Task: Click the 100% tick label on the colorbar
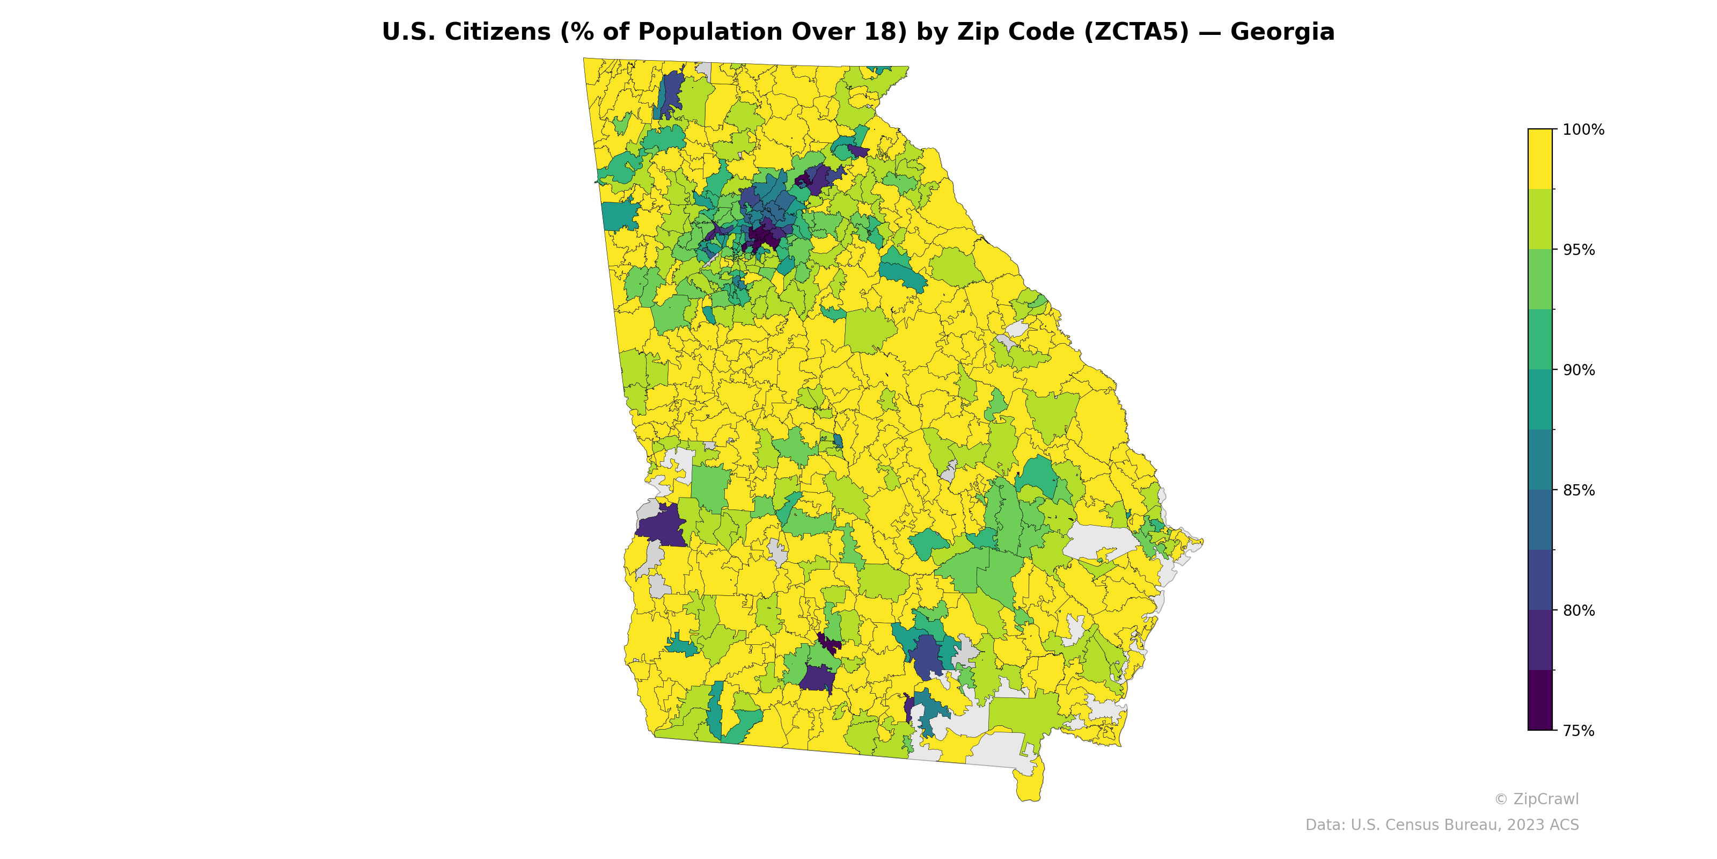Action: [1583, 130]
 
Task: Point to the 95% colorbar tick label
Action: [1579, 250]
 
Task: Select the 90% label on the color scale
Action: [1579, 370]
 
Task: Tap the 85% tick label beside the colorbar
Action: [1579, 490]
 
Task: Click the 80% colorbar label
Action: [1579, 610]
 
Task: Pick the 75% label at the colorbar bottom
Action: [1579, 731]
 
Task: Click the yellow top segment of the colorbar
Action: [1540, 159]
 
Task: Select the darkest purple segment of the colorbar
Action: [1540, 700]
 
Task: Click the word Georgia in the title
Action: [1282, 32]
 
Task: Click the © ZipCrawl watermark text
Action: [1536, 799]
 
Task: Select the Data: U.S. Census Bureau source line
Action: [1441, 825]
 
